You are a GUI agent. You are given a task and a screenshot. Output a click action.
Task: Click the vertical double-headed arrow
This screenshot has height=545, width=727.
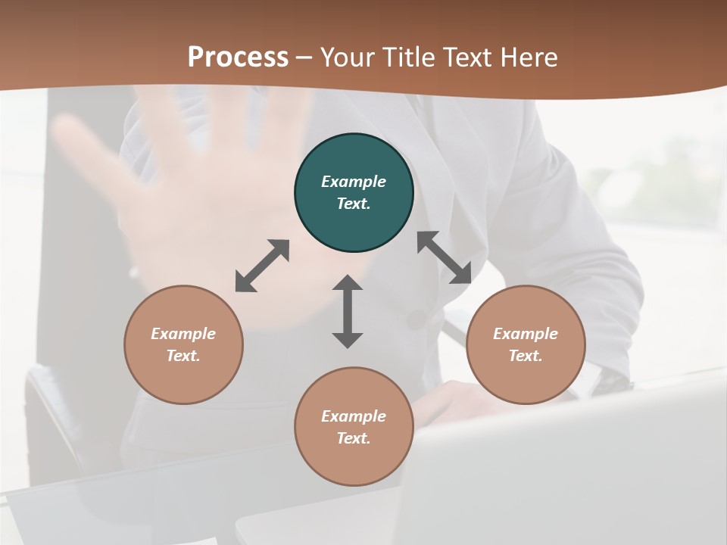pyautogui.click(x=348, y=311)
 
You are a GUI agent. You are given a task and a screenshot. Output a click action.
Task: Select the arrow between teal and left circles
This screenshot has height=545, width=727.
pyautogui.click(x=262, y=266)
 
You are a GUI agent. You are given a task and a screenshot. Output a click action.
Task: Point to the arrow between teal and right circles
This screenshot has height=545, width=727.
pyautogui.click(x=445, y=257)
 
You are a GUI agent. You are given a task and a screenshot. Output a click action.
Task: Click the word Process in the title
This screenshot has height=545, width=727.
pyautogui.click(x=238, y=58)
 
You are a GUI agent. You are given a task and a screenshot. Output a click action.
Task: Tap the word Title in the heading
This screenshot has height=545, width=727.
pyautogui.click(x=410, y=58)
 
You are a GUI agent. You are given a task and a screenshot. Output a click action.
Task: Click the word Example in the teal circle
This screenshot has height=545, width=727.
pyautogui.click(x=354, y=182)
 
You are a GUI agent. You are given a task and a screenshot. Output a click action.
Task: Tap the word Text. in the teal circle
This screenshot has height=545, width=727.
pyautogui.click(x=354, y=204)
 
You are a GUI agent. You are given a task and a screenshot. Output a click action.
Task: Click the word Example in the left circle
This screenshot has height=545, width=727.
pyautogui.click(x=183, y=334)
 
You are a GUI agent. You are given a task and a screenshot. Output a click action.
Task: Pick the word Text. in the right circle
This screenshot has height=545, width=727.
pyautogui.click(x=526, y=356)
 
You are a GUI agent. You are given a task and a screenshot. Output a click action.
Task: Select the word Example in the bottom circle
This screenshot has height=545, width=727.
pyautogui.click(x=354, y=416)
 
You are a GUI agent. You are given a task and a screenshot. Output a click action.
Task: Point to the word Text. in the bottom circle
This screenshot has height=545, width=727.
pyautogui.click(x=354, y=438)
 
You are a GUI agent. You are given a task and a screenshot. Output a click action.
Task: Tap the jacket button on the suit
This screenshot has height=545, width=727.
pyautogui.click(x=416, y=319)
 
